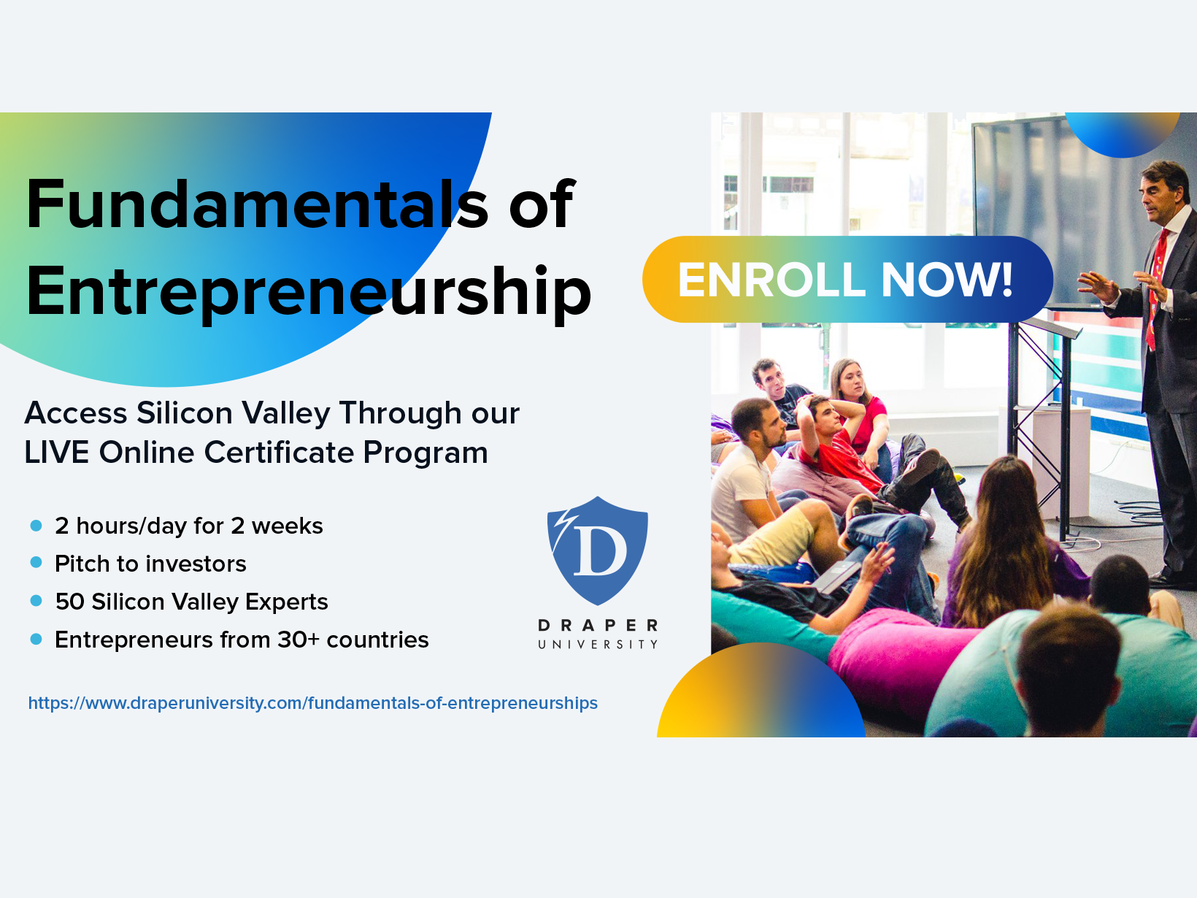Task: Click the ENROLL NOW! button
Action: (x=847, y=280)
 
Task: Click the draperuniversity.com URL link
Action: (x=312, y=703)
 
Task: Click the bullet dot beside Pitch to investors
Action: (x=36, y=563)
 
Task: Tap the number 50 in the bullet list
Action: (x=70, y=602)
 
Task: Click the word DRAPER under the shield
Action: (x=598, y=626)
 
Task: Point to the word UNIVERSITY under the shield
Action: (x=598, y=645)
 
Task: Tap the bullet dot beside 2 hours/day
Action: (x=36, y=525)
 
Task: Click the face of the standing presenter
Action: (x=1161, y=194)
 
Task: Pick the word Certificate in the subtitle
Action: (x=278, y=453)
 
